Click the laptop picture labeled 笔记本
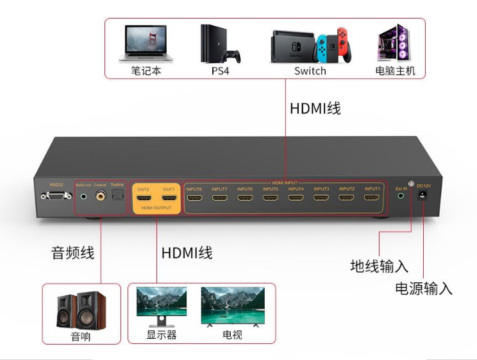[146, 43]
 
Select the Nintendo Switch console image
[310, 45]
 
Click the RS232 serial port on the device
[55, 196]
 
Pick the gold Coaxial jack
[100, 196]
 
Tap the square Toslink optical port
[116, 197]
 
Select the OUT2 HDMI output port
[143, 199]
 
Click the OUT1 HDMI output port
[169, 199]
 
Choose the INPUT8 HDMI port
[194, 198]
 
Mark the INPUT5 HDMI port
[270, 198]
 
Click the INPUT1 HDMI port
[372, 198]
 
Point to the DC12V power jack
[423, 199]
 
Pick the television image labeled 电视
[233, 306]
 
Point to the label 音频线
[72, 253]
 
